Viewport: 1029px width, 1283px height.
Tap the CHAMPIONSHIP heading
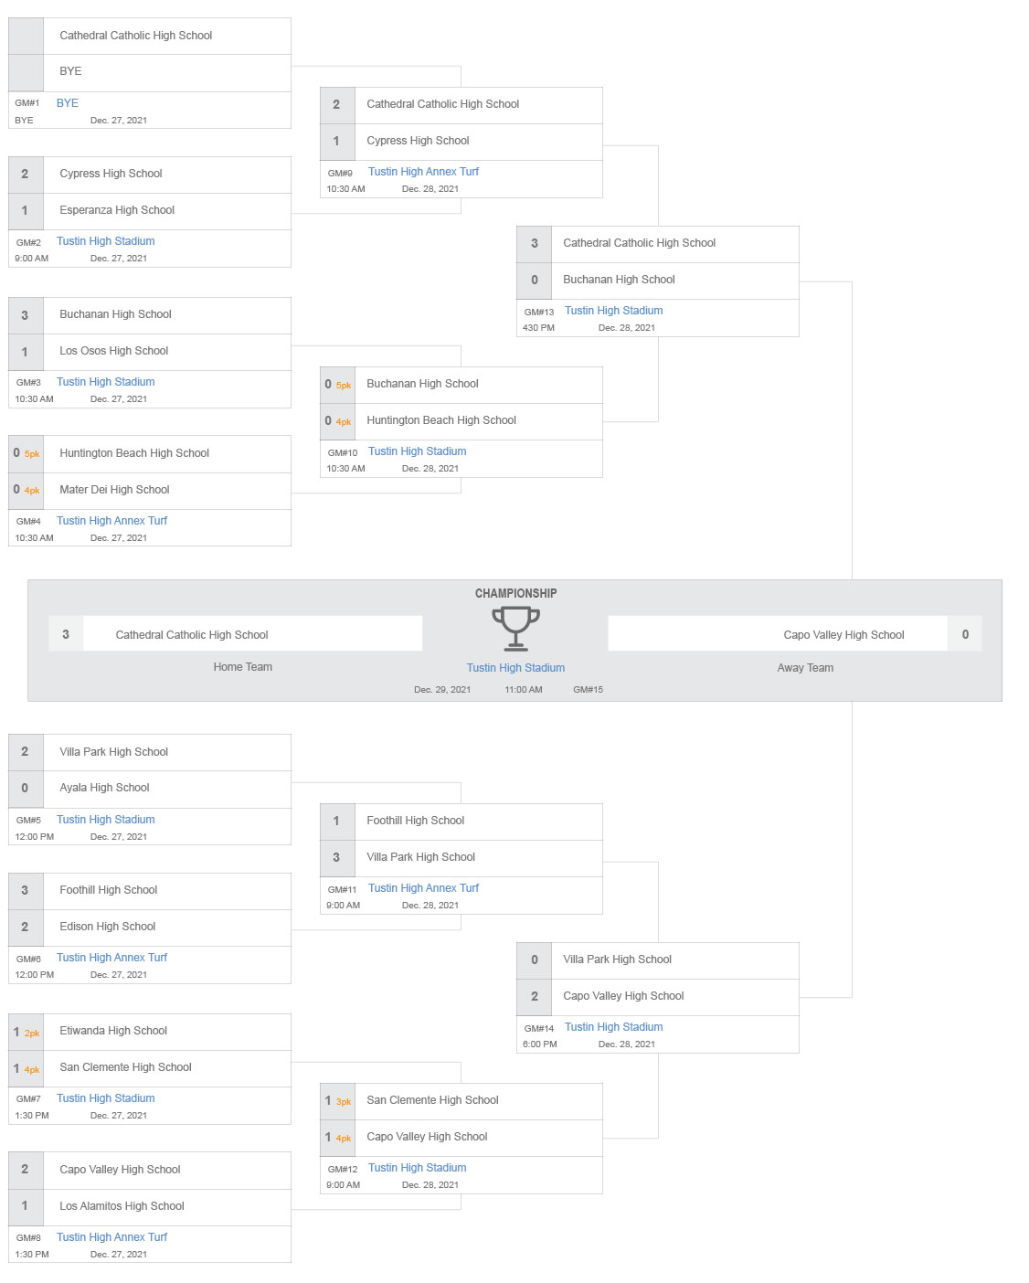point(515,593)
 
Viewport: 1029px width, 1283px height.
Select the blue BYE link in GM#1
point(68,103)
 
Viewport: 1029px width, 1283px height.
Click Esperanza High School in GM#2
point(117,210)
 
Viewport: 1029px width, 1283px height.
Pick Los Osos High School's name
point(114,351)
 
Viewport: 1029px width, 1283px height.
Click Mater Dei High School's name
point(114,490)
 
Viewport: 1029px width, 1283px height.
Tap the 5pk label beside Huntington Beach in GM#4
point(32,454)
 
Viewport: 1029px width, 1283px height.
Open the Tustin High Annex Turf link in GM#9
point(423,172)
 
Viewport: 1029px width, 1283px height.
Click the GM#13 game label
point(539,312)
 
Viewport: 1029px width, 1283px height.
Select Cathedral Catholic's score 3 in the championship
point(66,634)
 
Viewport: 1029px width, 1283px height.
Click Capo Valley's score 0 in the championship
point(965,634)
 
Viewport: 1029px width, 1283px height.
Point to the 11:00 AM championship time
point(524,690)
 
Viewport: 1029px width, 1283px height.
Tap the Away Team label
point(805,668)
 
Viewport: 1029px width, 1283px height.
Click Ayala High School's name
point(104,788)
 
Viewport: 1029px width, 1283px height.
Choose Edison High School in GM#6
point(108,927)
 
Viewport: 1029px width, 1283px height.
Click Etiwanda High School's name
point(113,1031)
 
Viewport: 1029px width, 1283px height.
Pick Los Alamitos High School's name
point(122,1206)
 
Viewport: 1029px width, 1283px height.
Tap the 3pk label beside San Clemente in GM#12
point(344,1102)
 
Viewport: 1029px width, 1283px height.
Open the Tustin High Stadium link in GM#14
point(613,1027)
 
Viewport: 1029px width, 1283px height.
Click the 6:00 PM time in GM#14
point(539,1044)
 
